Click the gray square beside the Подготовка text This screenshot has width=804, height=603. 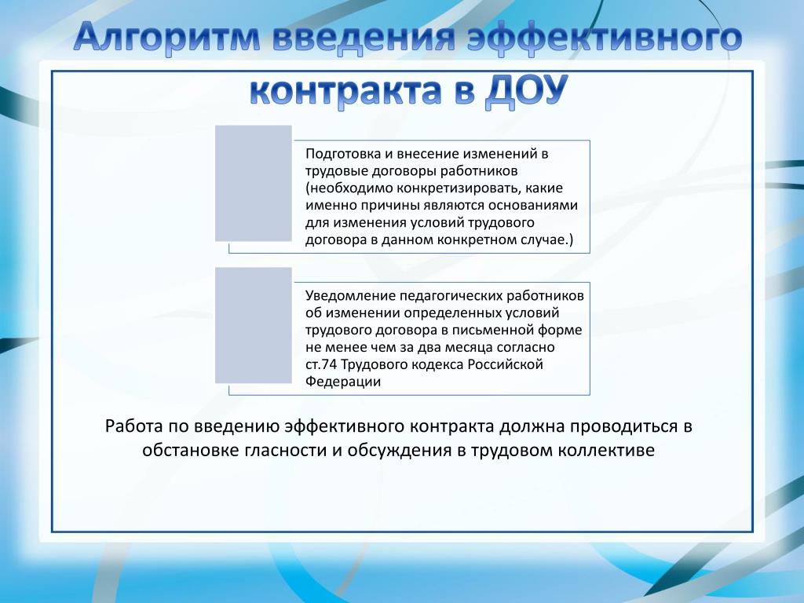254,183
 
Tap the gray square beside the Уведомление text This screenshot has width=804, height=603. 254,325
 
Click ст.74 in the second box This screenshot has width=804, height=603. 321,364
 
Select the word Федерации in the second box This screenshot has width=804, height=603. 343,382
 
